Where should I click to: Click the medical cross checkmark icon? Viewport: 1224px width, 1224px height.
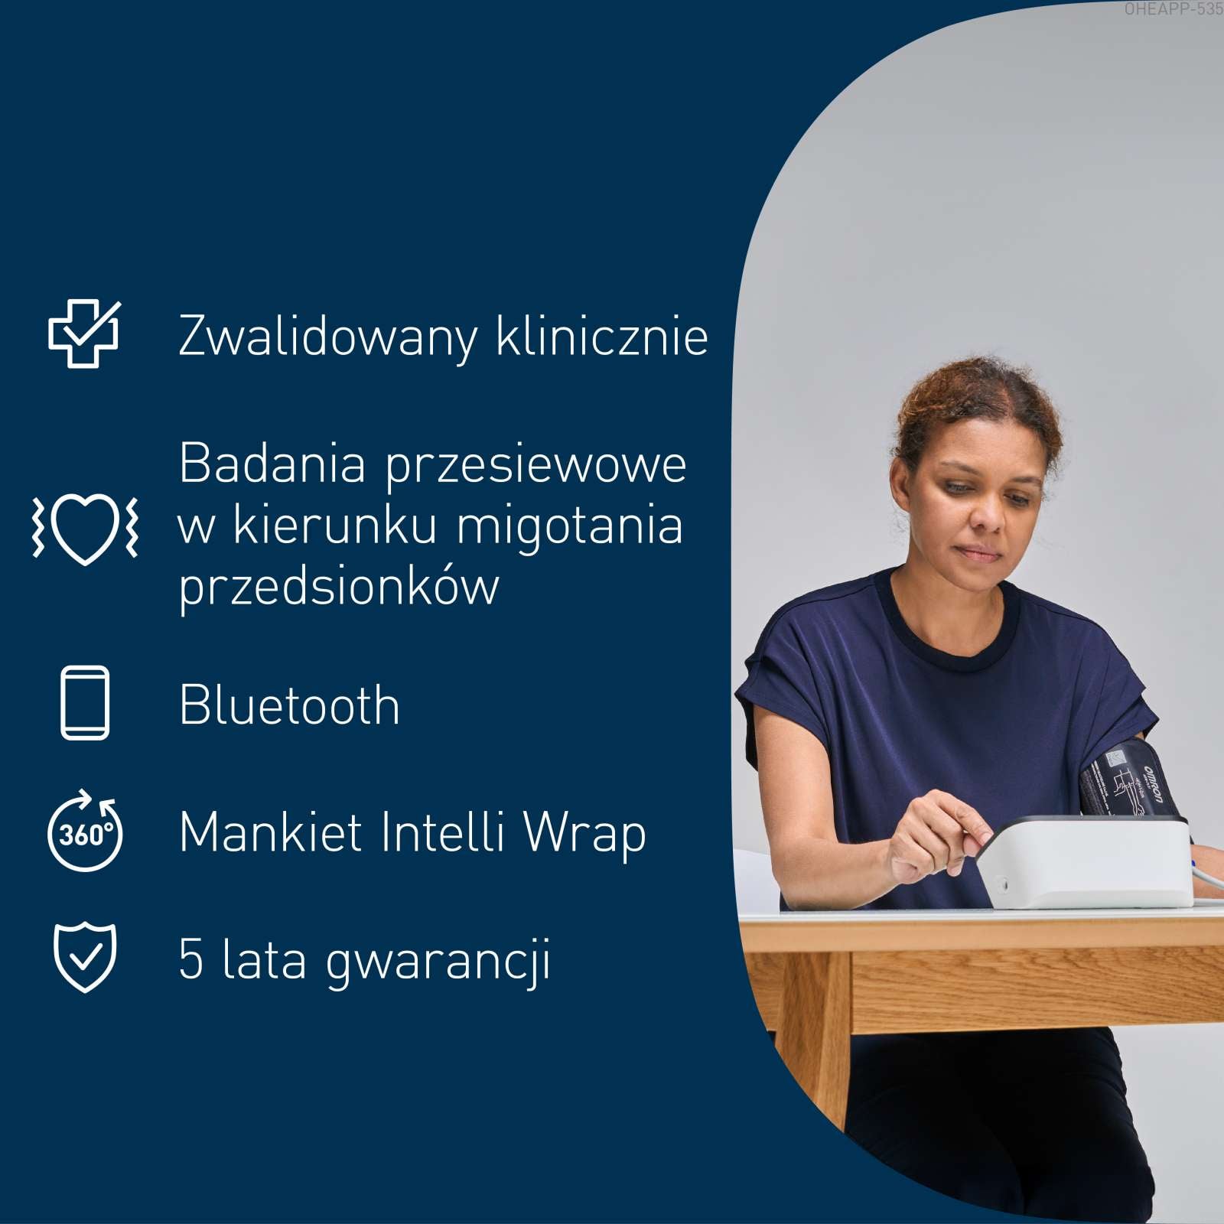[84, 334]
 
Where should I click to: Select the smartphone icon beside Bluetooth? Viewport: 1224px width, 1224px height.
[85, 702]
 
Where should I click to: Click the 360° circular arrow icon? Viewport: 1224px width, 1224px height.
[84, 832]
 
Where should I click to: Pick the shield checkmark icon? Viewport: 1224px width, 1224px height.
[85, 958]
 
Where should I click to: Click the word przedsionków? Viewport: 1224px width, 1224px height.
[339, 588]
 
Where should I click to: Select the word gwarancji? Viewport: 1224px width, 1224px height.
[438, 962]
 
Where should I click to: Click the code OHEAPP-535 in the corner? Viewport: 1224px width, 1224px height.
[1174, 10]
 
